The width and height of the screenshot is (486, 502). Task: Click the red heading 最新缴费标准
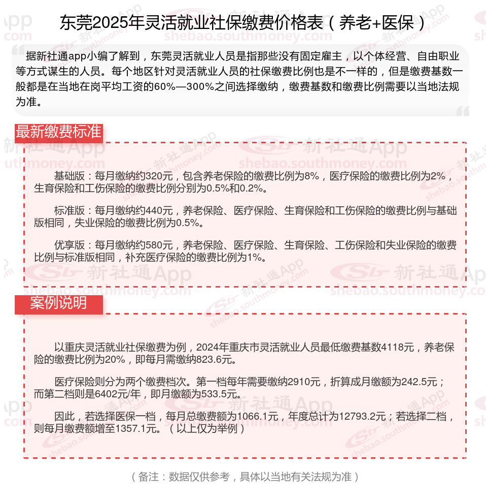[x=58, y=132]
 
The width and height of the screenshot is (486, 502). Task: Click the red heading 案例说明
[x=58, y=303]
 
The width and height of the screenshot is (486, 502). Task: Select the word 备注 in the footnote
[x=148, y=477]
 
